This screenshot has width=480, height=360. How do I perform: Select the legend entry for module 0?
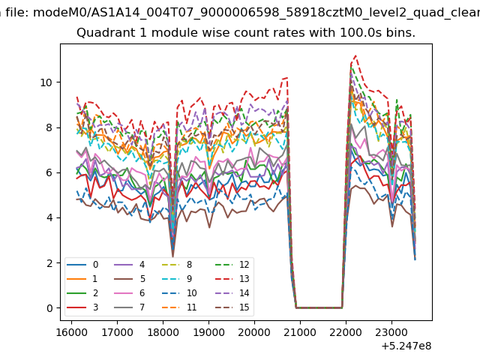point(82,265)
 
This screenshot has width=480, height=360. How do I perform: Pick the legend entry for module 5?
point(129,278)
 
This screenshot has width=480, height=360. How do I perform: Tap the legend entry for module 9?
point(177,278)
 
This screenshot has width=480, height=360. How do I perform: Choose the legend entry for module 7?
point(129,307)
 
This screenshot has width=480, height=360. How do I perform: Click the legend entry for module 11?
point(179,307)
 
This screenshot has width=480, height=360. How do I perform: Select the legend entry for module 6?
point(129,293)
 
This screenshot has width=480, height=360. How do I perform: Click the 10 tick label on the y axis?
point(46,82)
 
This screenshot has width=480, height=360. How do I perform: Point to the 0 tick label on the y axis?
point(49,308)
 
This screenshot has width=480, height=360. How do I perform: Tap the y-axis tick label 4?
point(49,217)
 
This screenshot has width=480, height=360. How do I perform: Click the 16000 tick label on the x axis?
point(71,332)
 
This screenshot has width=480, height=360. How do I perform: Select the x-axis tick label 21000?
point(300,332)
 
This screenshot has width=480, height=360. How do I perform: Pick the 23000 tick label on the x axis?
point(391,332)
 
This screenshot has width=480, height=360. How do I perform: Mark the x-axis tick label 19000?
point(208,332)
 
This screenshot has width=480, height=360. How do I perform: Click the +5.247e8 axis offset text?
point(406,346)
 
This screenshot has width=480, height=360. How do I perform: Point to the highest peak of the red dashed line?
point(355,55)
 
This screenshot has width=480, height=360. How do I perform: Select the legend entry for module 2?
point(82,293)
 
